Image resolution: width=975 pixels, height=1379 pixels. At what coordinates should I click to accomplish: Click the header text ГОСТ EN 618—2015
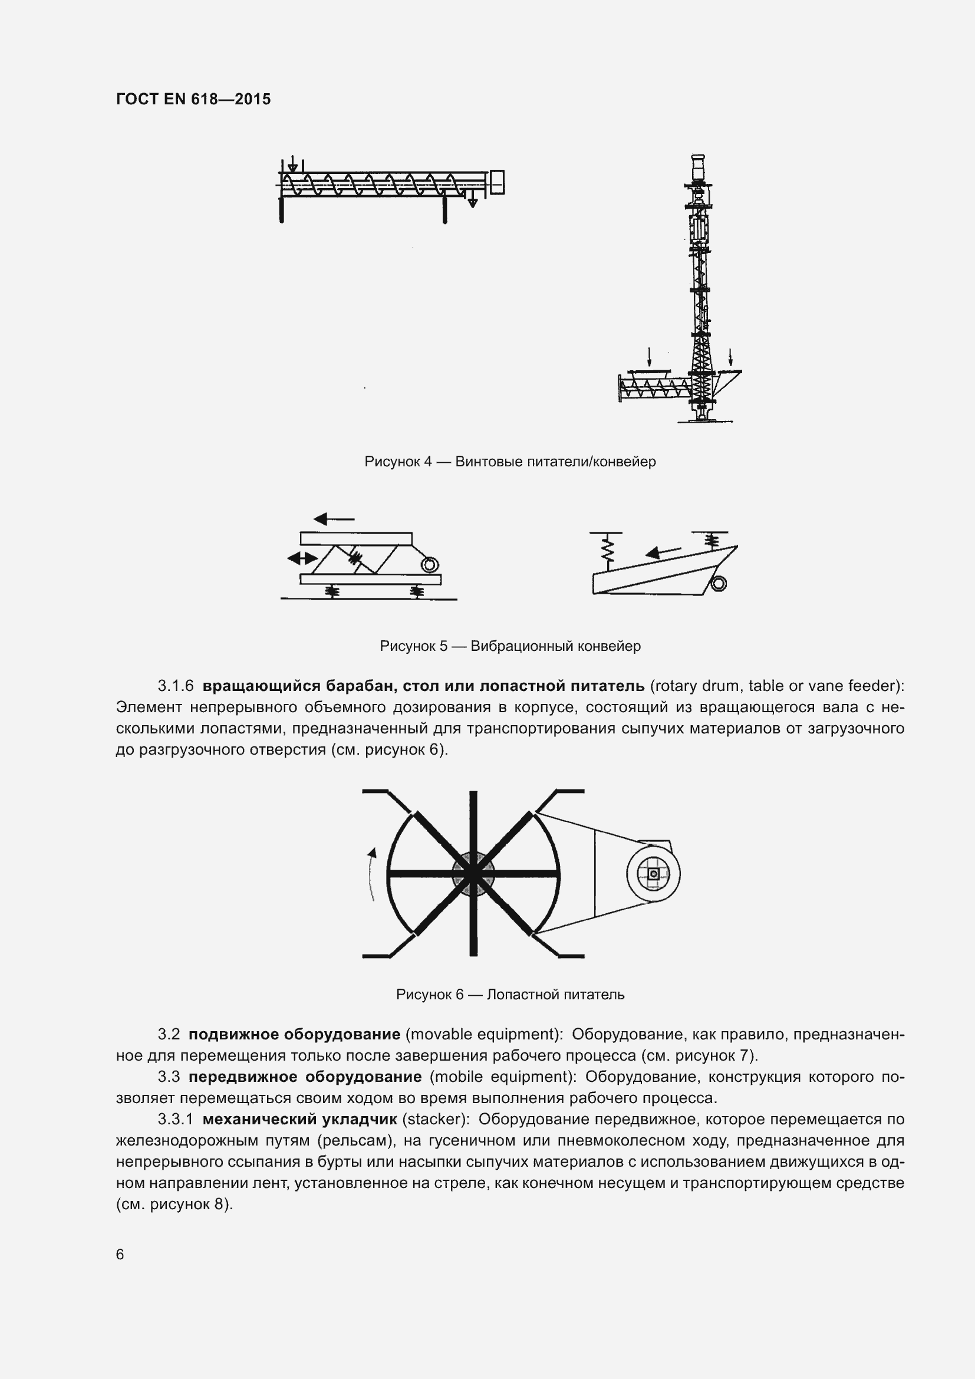tap(193, 99)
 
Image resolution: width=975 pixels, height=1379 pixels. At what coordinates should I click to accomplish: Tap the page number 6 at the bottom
tap(120, 1254)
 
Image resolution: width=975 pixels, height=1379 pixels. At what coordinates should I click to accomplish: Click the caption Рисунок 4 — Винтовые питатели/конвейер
tap(510, 462)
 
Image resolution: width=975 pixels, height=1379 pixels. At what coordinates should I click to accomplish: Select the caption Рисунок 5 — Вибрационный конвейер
tap(510, 646)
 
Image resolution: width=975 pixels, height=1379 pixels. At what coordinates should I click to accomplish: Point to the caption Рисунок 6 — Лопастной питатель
tap(510, 995)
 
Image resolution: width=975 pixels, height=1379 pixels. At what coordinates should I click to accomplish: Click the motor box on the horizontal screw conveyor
tap(497, 183)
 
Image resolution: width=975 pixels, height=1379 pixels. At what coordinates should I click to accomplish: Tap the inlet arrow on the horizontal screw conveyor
tap(292, 164)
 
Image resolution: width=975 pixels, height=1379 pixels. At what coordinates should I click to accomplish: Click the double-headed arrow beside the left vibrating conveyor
tap(302, 558)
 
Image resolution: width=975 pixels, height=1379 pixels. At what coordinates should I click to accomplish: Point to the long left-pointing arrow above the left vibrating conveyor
tap(334, 518)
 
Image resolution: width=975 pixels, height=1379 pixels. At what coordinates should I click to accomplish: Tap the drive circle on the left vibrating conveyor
tap(430, 565)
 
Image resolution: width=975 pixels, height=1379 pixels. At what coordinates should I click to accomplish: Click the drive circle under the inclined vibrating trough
tap(718, 583)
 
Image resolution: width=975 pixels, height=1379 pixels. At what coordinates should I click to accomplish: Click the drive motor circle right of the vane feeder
tap(653, 873)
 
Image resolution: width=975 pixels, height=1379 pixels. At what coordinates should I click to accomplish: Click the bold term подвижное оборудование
tap(294, 1034)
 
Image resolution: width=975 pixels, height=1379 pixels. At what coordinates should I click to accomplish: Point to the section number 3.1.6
tap(175, 685)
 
